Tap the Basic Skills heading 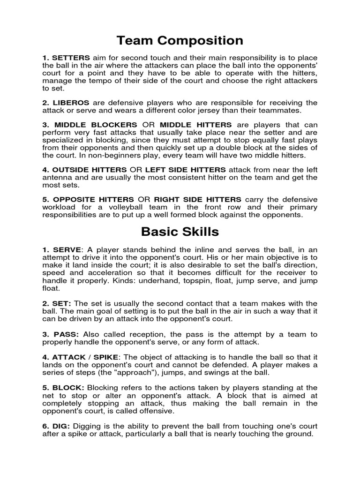point(180,232)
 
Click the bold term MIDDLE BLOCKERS point(96,125)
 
